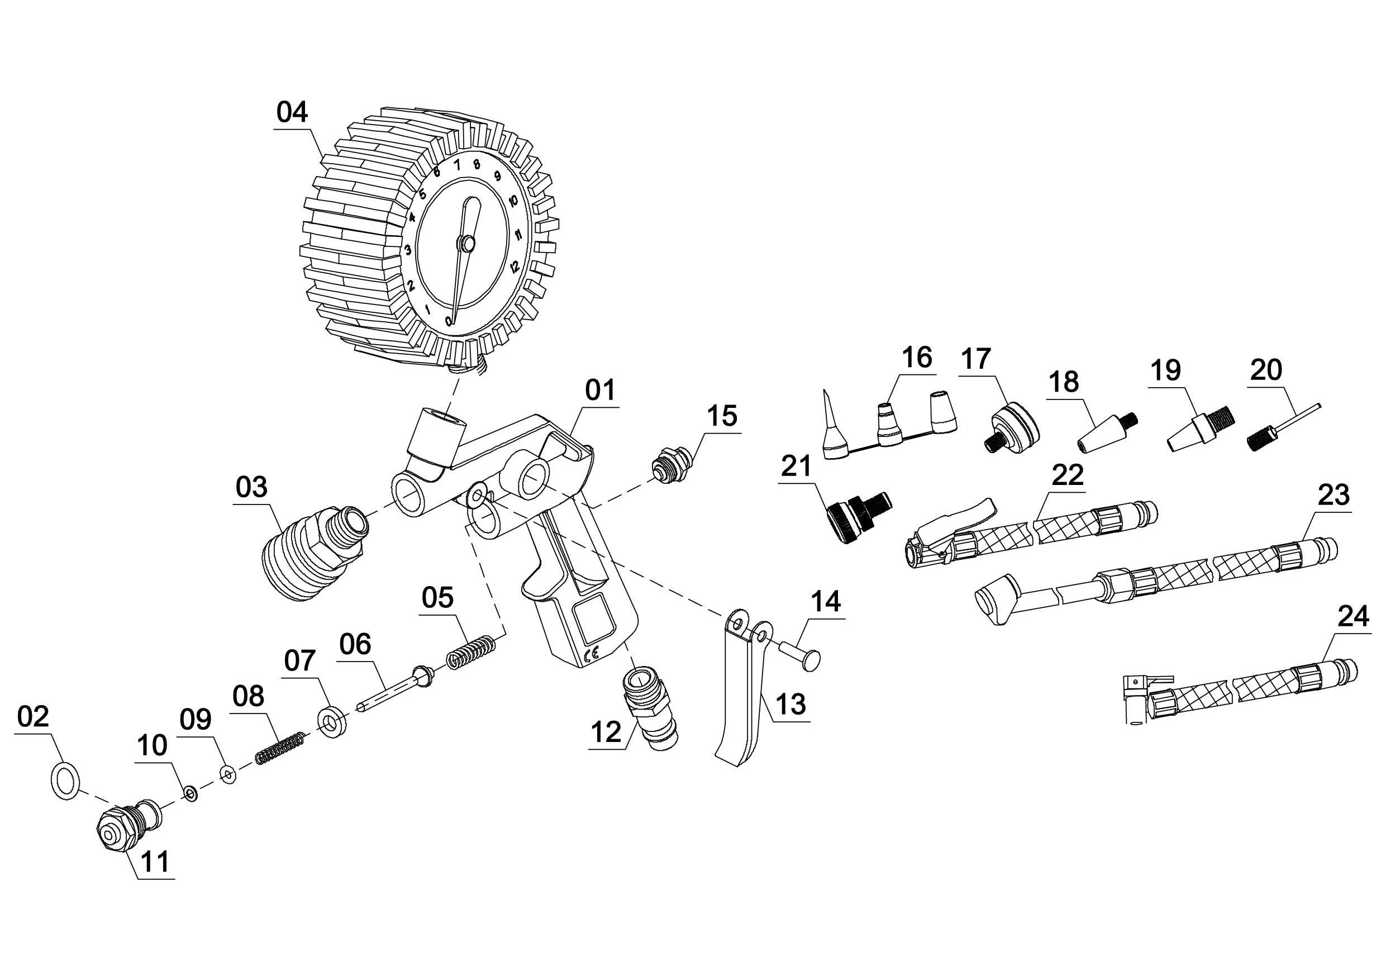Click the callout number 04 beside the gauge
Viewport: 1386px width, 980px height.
click(292, 113)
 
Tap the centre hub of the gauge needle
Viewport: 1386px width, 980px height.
click(466, 244)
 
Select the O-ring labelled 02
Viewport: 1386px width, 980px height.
click(63, 783)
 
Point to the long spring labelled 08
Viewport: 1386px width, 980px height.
click(279, 748)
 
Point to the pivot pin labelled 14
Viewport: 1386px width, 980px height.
click(797, 654)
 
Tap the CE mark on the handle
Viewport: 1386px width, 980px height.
click(592, 653)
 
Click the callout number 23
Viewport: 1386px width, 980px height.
click(1333, 495)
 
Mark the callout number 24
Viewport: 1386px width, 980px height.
click(1353, 616)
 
